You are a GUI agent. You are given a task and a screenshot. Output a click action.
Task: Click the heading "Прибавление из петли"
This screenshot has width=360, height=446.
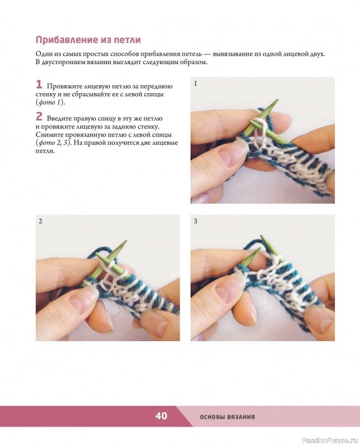click(88, 40)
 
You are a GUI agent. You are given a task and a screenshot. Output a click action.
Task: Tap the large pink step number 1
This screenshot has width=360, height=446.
click(39, 85)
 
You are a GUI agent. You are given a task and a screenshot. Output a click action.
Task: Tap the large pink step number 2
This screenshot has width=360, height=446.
click(39, 117)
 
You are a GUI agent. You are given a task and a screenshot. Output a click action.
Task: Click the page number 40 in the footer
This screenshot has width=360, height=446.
click(161, 416)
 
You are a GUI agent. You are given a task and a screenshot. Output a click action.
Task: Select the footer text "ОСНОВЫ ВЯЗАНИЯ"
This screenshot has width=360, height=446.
click(227, 417)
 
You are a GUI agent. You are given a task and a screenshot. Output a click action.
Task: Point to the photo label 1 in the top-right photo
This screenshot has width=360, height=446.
click(196, 83)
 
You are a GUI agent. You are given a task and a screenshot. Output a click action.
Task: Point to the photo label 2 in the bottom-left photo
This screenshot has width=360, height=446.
click(40, 221)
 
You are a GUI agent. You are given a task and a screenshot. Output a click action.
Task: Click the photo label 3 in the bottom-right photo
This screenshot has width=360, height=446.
click(196, 221)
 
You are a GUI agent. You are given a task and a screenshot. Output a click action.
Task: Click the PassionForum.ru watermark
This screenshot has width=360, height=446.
click(330, 440)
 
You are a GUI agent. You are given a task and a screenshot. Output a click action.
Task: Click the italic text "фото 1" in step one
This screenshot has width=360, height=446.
click(50, 103)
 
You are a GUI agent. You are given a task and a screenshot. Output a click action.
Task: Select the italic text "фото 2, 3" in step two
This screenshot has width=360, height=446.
click(54, 143)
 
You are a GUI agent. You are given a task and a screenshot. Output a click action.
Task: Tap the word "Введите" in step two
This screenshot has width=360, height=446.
click(59, 119)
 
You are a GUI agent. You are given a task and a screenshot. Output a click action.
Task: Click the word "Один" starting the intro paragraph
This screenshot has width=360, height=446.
click(43, 54)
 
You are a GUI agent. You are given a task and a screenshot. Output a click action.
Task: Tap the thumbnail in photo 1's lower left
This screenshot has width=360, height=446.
click(225, 157)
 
